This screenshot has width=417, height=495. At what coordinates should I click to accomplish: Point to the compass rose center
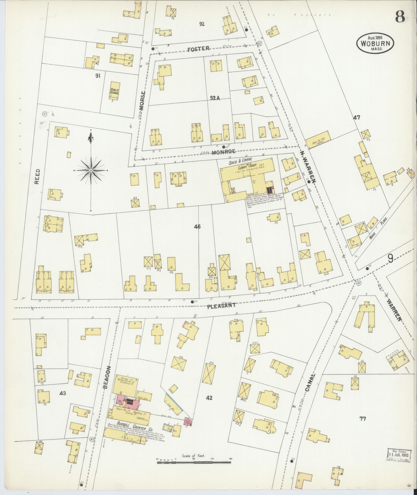tap(91, 171)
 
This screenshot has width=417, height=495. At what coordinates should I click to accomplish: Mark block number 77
tap(363, 418)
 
